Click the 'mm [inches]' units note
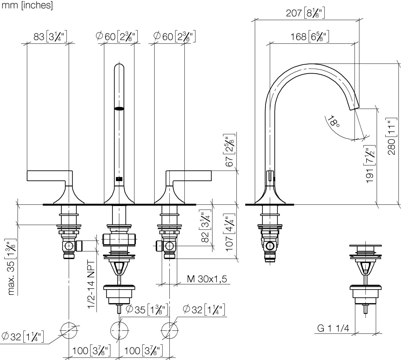coord(27,5)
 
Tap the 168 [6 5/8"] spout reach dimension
coord(310,36)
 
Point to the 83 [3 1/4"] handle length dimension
coord(50,36)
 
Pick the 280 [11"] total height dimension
coord(391,136)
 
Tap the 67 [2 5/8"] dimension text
coord(229,150)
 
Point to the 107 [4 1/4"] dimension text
coord(229,232)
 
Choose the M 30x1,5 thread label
coord(207,279)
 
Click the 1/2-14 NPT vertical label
coord(91,285)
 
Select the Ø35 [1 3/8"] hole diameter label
coord(147,310)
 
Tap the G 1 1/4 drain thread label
coord(333,328)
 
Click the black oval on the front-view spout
coord(119,108)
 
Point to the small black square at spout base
coord(119,179)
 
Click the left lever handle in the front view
coord(49,176)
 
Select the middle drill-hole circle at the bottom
coord(119,331)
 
